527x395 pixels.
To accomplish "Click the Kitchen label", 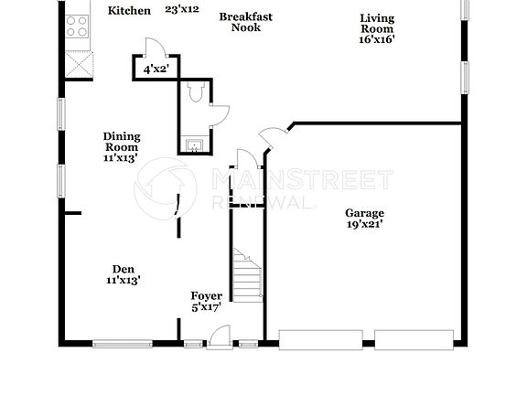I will [x=129, y=11].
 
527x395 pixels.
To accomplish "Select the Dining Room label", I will [x=121, y=142].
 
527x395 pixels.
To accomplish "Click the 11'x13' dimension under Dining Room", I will [x=121, y=158].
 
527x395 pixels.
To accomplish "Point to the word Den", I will [x=124, y=269].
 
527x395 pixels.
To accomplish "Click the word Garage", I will [x=365, y=213].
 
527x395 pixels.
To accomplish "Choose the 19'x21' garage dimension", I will [x=365, y=225].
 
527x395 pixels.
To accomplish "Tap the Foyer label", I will [x=206, y=295].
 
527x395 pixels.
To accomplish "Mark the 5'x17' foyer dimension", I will [x=206, y=307].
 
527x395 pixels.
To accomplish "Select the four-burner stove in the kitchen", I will [x=77, y=26].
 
